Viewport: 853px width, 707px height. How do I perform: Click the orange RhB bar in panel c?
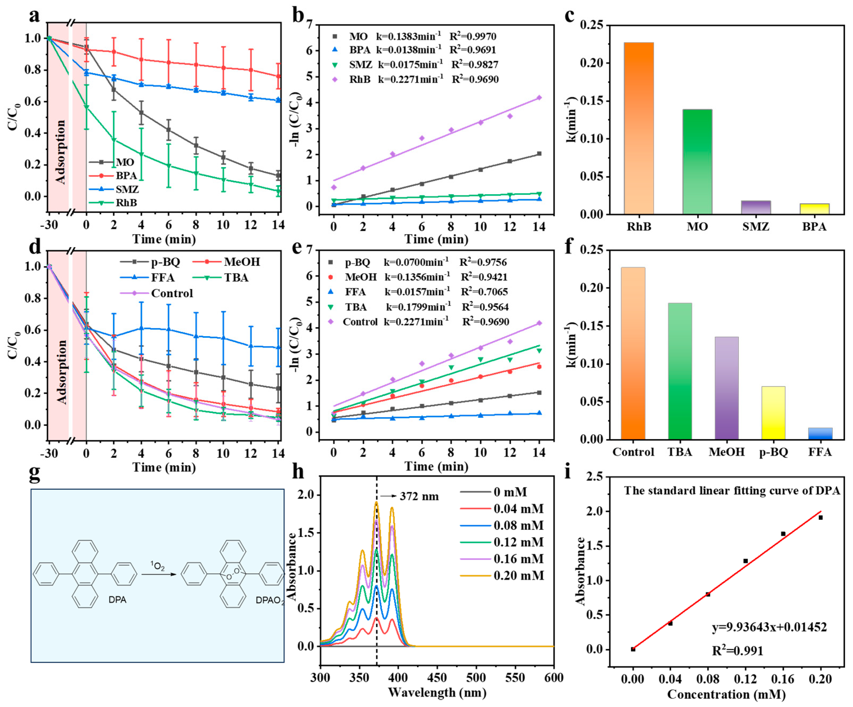[639, 128]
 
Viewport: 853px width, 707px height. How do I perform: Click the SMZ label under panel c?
[756, 227]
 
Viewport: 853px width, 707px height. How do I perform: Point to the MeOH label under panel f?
[727, 452]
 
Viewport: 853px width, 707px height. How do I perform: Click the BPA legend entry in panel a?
[126, 176]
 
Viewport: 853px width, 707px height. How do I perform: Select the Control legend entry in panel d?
[172, 293]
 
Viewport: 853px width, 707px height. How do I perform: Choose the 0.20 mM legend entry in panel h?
[518, 575]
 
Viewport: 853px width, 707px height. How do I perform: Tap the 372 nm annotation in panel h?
[419, 496]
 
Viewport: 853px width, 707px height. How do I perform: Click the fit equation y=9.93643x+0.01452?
[769, 627]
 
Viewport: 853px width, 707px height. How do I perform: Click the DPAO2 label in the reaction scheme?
[269, 600]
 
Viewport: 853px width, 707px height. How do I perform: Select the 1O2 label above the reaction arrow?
[158, 566]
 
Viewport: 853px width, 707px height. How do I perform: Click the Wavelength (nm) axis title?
[437, 692]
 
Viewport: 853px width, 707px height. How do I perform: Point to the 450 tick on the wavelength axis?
[437, 677]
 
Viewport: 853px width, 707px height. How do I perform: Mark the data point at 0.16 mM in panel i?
[783, 534]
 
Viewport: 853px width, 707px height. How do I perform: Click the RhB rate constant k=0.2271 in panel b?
[410, 79]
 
